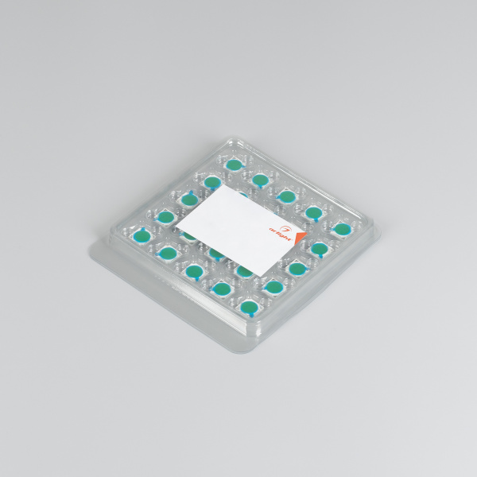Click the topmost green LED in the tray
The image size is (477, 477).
click(234, 165)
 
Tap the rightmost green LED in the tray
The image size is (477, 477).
click(342, 229)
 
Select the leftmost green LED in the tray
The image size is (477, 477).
click(142, 236)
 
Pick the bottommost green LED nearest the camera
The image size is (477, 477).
click(249, 304)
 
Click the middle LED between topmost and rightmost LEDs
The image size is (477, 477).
click(286, 196)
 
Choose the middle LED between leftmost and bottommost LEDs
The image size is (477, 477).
click(194, 270)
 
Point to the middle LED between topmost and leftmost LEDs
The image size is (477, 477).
click(188, 199)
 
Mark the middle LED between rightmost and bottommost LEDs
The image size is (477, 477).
click(297, 268)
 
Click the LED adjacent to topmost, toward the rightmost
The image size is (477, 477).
click(260, 179)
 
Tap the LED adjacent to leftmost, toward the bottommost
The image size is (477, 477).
click(167, 253)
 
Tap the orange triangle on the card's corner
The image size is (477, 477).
click(299, 238)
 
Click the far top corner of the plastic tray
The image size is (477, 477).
click(231, 136)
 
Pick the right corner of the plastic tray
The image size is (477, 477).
click(378, 231)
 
